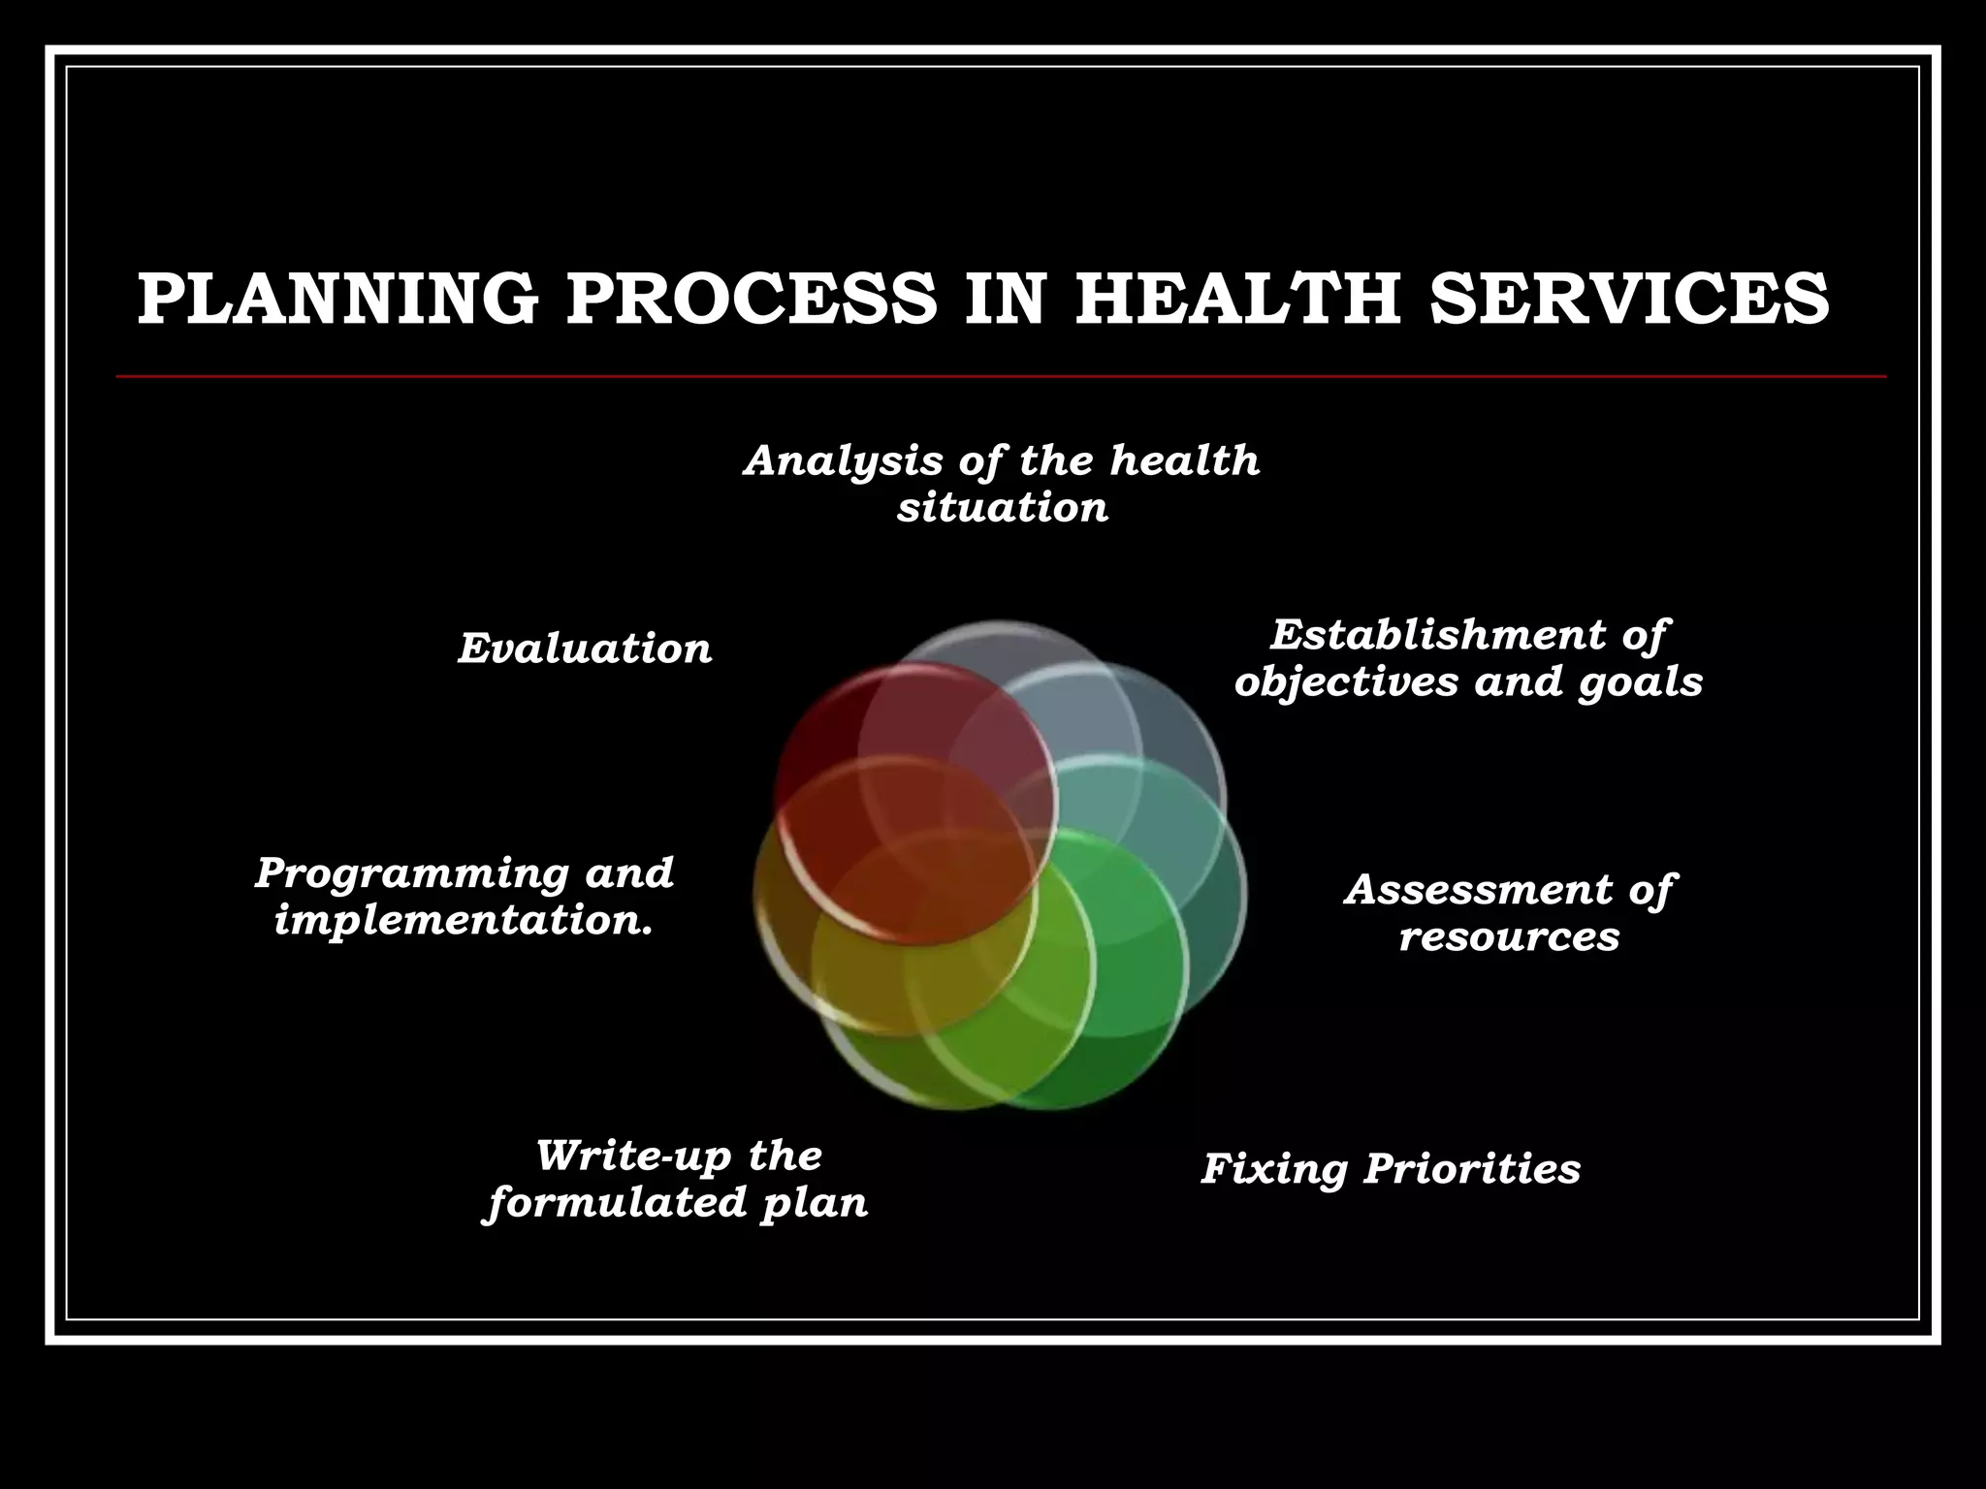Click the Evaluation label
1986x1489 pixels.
585,649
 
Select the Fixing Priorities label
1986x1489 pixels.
1391,1168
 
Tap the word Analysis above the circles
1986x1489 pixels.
843,461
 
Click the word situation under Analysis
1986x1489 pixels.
1002,508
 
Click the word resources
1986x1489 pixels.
1509,936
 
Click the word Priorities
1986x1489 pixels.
1472,1168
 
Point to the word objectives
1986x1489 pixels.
1348,681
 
